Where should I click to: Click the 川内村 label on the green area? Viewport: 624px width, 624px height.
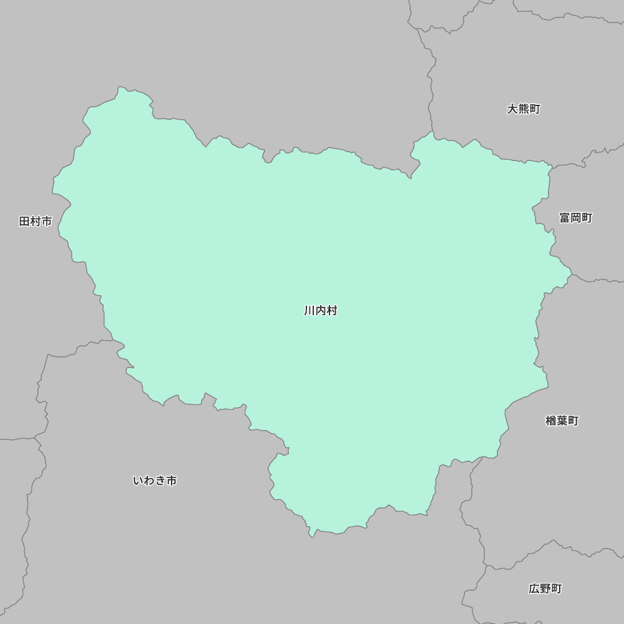[x=321, y=311]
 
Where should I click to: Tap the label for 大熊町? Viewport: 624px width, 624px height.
[x=524, y=109]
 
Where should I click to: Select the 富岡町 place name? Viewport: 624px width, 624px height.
[x=575, y=218]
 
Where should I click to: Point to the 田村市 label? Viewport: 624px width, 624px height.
[x=36, y=222]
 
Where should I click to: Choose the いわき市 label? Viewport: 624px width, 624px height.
[x=155, y=480]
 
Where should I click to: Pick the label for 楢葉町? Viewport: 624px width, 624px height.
[x=562, y=421]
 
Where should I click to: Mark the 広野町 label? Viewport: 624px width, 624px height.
[x=545, y=588]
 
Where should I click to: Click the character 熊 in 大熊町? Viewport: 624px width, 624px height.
[x=524, y=109]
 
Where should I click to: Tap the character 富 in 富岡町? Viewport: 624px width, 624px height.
[x=565, y=218]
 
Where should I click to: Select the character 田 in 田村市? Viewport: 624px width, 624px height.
[x=25, y=222]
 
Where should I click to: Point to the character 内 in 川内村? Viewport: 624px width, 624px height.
[x=321, y=311]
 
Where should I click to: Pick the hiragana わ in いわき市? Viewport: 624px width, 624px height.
[x=149, y=480]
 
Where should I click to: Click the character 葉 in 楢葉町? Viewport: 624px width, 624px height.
[x=562, y=421]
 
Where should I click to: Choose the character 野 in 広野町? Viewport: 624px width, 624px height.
[x=545, y=588]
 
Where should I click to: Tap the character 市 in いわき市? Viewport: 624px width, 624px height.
[x=172, y=480]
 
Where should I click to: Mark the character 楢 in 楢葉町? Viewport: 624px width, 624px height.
[x=551, y=421]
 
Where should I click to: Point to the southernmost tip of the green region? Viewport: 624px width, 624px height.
[x=311, y=536]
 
